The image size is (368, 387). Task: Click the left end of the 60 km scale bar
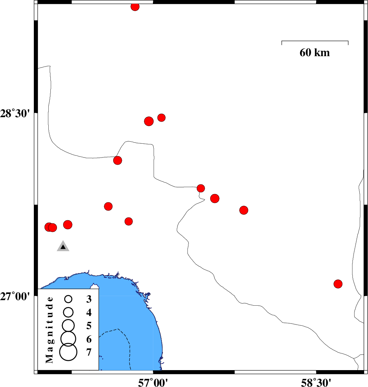tap(282, 41)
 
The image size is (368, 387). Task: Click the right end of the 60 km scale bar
tap(348, 41)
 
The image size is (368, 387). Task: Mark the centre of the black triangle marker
tap(63, 246)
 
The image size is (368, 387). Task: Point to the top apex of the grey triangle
tap(63, 240)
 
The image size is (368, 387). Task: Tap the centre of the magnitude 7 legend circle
tap(68, 352)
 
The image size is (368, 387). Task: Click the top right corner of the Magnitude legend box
tap(99, 289)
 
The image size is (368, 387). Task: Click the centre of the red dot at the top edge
tap(135, 7)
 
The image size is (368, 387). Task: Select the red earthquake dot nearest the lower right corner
tap(338, 284)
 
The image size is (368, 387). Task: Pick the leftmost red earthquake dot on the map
tap(49, 227)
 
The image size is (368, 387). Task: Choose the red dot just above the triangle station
tap(68, 225)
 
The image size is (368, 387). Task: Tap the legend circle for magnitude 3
tap(68, 299)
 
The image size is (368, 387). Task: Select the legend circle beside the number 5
tap(68, 325)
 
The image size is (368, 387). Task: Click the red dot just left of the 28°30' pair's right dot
tap(149, 121)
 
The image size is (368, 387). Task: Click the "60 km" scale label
tap(314, 53)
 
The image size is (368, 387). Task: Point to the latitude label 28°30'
tap(15, 114)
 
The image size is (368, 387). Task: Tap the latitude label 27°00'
tap(15, 296)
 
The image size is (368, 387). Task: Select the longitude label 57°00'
tap(153, 383)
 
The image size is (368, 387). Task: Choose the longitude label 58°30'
tap(316, 383)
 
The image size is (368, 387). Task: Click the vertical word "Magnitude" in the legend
tap(49, 330)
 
